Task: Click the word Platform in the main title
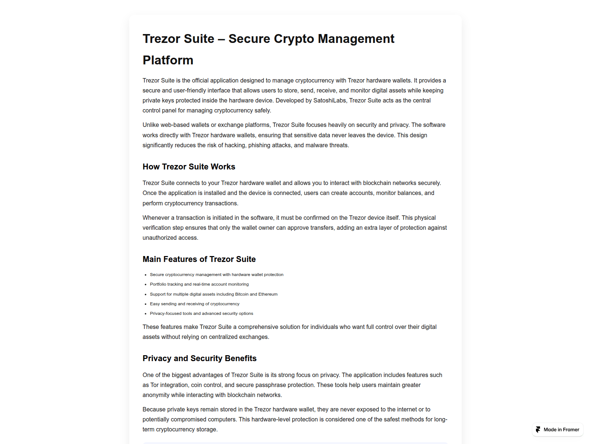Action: [168, 60]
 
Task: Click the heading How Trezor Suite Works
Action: [189, 166]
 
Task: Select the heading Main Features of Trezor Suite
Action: [199, 259]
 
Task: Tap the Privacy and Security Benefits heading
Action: [199, 358]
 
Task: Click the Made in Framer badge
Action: [558, 430]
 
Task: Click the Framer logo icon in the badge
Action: [538, 430]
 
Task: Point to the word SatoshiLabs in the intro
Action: [329, 100]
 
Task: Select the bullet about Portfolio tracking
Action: [199, 284]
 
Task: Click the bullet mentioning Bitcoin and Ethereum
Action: [213, 294]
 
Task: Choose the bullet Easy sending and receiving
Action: [194, 304]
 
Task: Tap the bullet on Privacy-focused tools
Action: [201, 313]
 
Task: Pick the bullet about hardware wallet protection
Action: [216, 275]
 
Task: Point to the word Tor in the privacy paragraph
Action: [154, 385]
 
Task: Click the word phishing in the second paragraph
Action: [259, 145]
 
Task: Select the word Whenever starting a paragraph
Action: [156, 218]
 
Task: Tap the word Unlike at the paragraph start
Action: [151, 125]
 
